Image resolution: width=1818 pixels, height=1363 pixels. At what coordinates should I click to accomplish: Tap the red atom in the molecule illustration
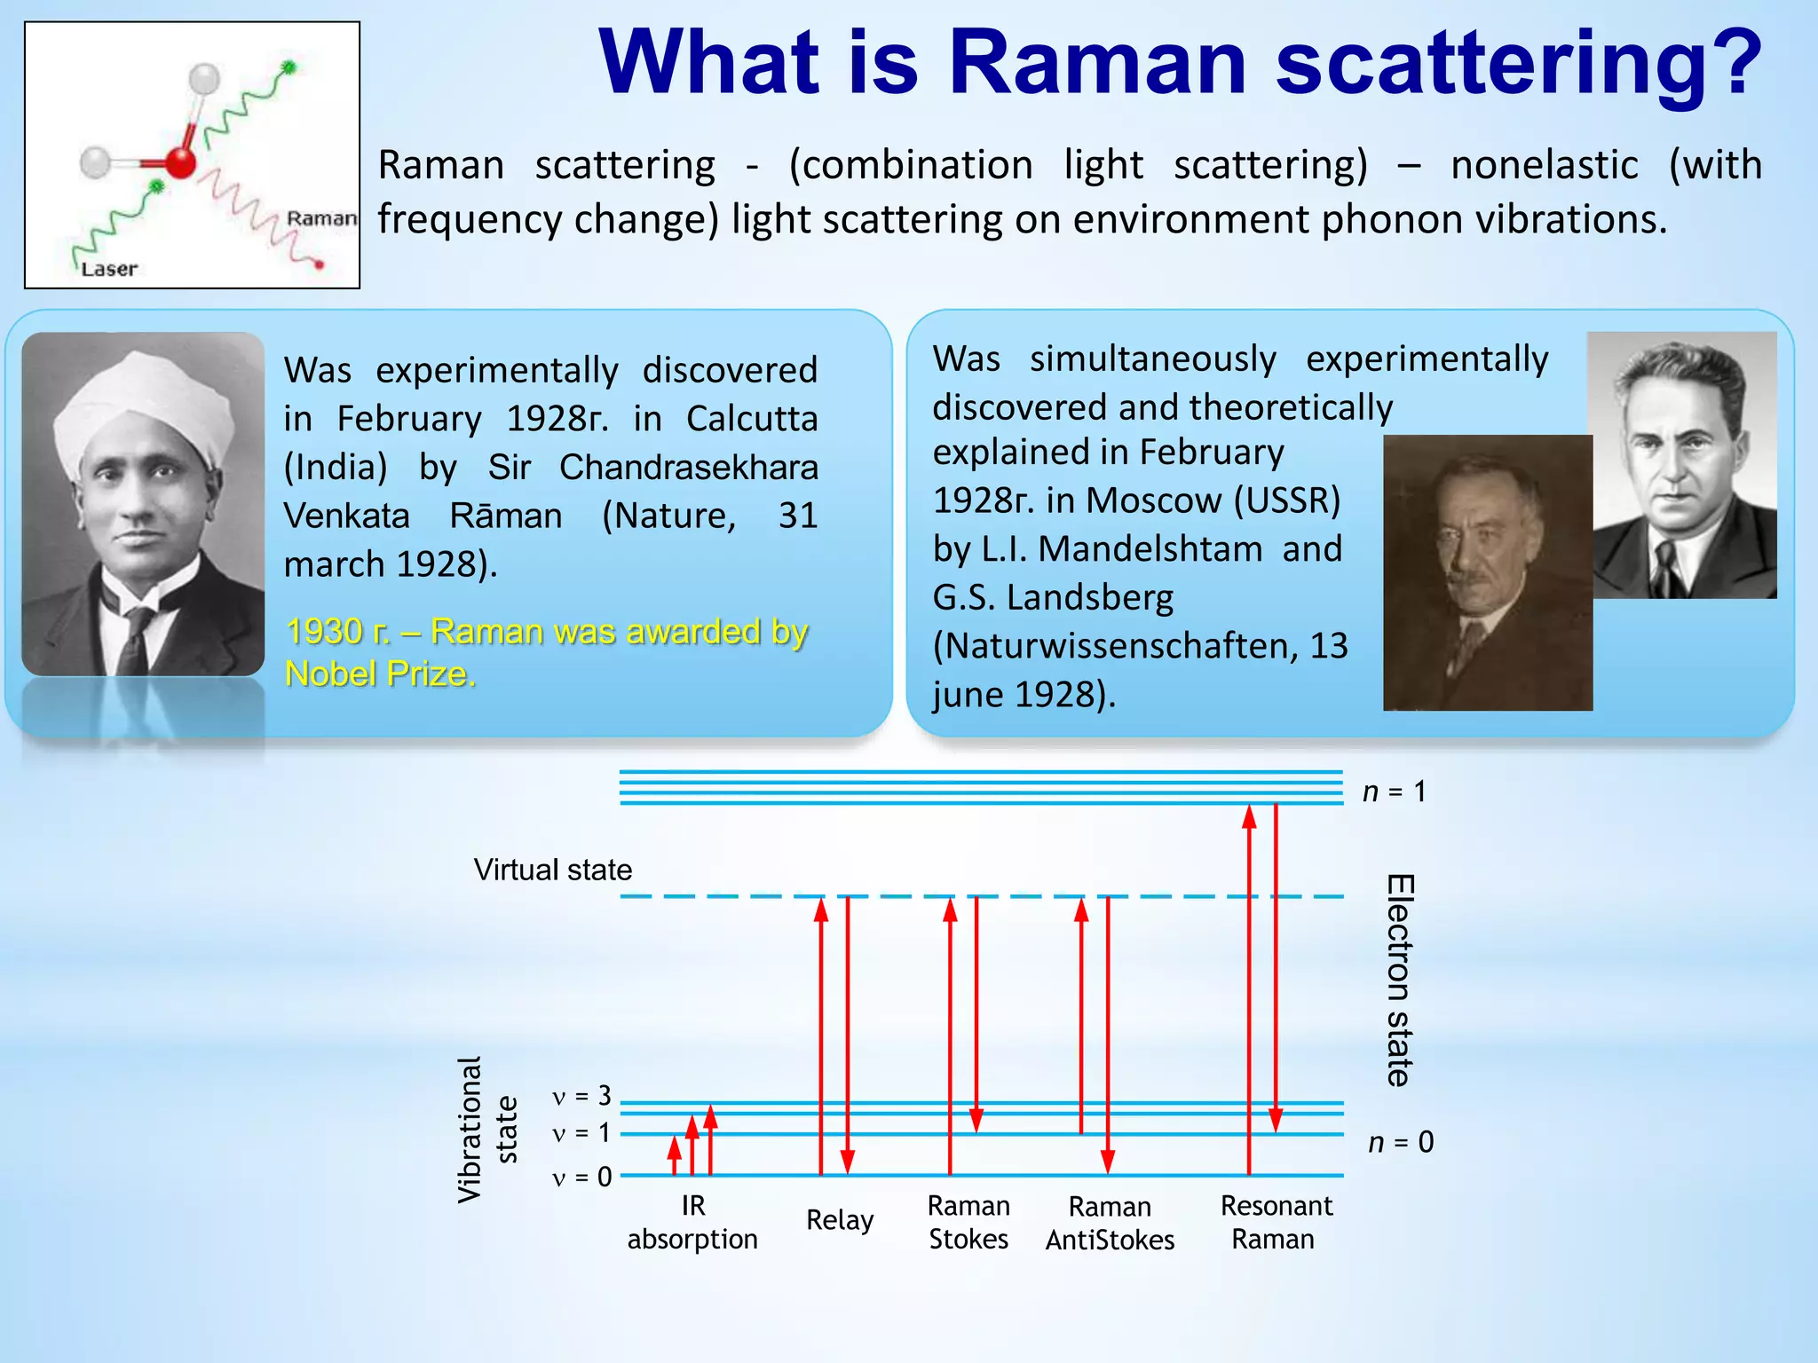pos(180,163)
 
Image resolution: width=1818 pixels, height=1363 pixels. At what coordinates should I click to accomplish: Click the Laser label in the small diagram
pos(109,269)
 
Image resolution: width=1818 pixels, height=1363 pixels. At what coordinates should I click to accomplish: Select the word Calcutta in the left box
pos(751,419)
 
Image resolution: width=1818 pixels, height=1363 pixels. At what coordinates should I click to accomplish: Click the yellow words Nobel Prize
pos(380,674)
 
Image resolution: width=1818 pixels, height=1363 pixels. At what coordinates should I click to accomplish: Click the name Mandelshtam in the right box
pos(1150,549)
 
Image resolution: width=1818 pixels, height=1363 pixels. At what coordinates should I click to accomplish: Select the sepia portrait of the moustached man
pos(1487,572)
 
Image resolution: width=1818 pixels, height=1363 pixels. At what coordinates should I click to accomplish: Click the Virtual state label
pos(552,870)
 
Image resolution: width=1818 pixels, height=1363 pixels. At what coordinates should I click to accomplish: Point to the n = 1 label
pos(1394,792)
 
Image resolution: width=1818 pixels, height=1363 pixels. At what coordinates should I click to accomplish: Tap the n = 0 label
pos(1400,1142)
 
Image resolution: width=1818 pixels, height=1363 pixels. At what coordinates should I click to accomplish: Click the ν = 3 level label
pos(581,1097)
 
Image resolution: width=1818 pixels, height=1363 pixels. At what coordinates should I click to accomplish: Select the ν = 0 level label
pos(581,1178)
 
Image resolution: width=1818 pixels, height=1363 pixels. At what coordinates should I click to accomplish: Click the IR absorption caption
pos(692,1222)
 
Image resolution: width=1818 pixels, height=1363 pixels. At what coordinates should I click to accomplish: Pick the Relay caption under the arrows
pos(839,1220)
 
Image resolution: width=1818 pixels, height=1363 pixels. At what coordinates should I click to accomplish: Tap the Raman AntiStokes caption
pos(1110,1223)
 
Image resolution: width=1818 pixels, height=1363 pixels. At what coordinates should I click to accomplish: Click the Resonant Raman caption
pos(1276,1222)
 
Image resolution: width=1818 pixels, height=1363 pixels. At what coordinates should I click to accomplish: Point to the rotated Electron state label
pos(1400,981)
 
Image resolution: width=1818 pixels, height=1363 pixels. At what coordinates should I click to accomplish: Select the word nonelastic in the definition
pos(1544,166)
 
